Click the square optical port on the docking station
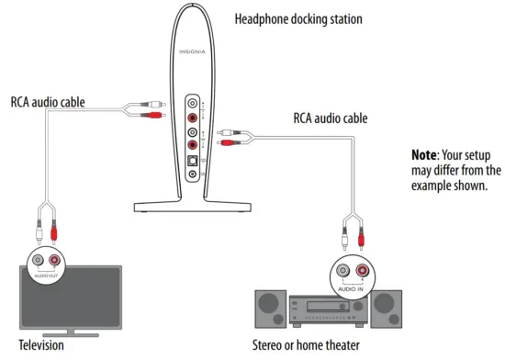click(x=192, y=162)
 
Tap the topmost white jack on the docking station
click(x=192, y=103)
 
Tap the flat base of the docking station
click(x=191, y=203)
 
